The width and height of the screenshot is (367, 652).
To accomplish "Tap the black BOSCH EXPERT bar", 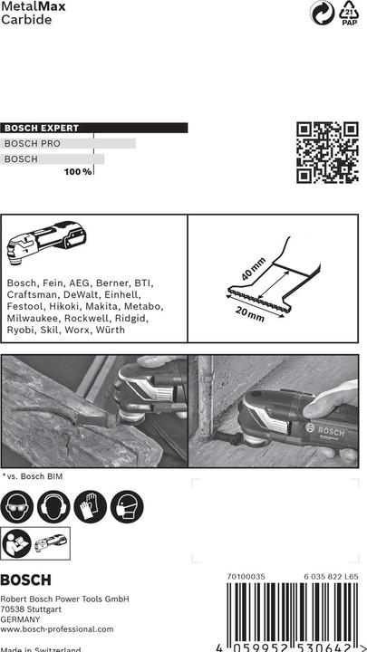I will click(x=94, y=129).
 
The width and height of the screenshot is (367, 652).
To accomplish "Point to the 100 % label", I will click(x=78, y=171).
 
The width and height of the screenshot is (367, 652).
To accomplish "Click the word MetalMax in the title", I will click(x=29, y=6).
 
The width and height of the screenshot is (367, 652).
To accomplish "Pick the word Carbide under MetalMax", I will click(x=26, y=20).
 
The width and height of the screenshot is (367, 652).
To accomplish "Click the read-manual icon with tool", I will click(x=37, y=545).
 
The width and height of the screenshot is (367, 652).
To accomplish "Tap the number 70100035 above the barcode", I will click(x=246, y=575).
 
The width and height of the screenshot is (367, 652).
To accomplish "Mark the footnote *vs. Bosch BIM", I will click(x=33, y=475).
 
